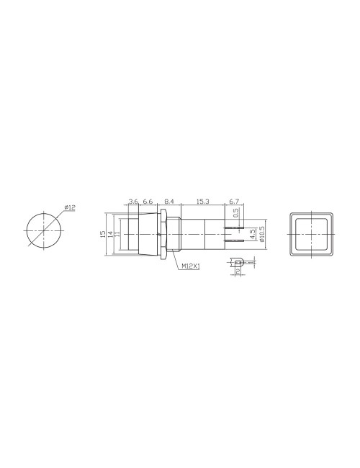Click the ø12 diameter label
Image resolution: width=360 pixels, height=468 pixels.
pyautogui.click(x=70, y=207)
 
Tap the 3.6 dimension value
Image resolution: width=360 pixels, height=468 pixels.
pyautogui.click(x=133, y=202)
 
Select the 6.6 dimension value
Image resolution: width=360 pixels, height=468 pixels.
pyautogui.click(x=147, y=202)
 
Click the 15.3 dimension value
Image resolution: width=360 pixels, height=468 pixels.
pyautogui.click(x=202, y=202)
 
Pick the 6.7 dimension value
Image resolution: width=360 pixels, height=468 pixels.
pyautogui.click(x=235, y=202)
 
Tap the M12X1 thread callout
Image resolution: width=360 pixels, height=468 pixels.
pyautogui.click(x=191, y=266)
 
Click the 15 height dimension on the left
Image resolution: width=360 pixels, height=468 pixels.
pyautogui.click(x=104, y=233)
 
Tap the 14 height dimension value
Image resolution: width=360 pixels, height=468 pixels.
pyautogui.click(x=110, y=233)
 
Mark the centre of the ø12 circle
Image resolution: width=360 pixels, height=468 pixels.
pyautogui.click(x=44, y=231)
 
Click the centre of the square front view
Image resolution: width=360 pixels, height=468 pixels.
pyautogui.click(x=310, y=233)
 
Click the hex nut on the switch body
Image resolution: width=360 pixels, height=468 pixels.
pyautogui.click(x=166, y=233)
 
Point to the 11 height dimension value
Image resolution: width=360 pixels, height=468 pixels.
pyautogui.click(x=117, y=233)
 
